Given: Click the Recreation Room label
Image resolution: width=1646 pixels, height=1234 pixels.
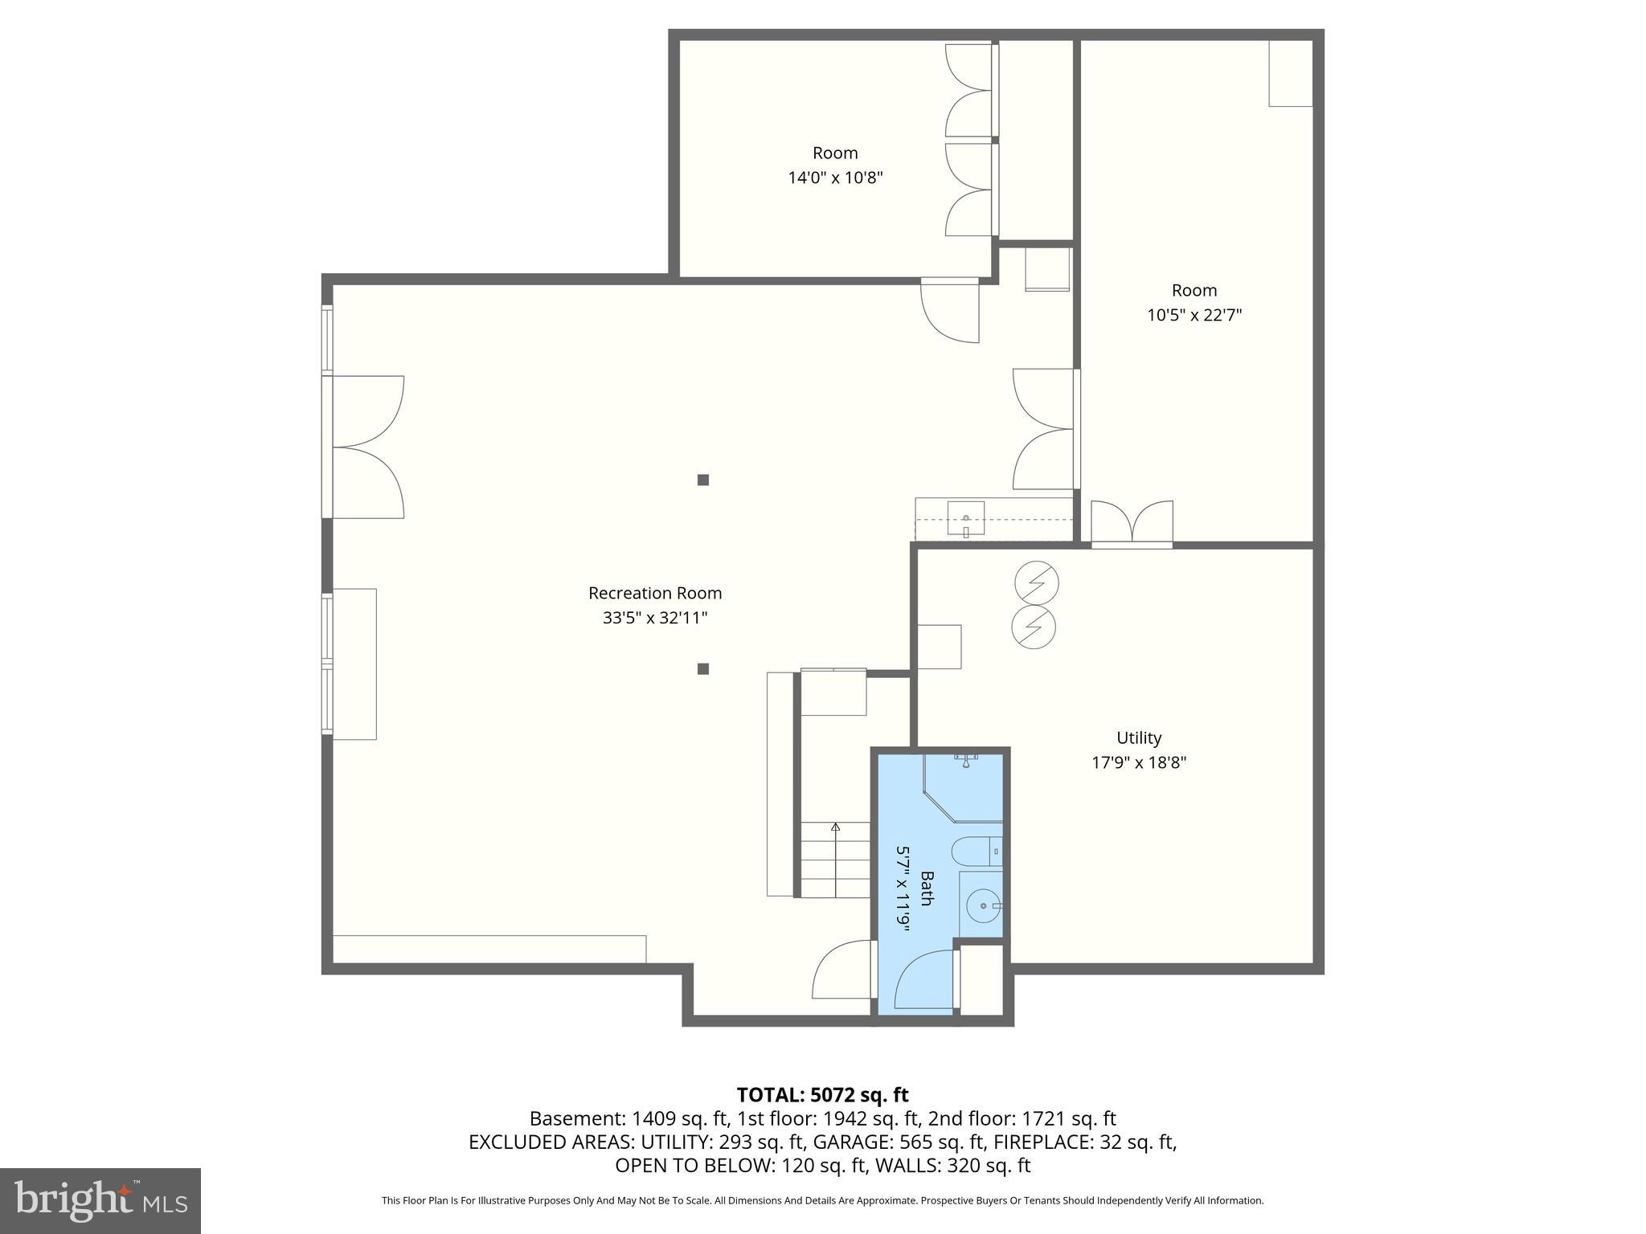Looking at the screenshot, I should coord(655,593).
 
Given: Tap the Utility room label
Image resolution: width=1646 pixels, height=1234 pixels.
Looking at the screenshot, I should coord(1138,738).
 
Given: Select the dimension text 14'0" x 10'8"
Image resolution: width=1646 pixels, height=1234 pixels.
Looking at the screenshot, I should coord(835,178).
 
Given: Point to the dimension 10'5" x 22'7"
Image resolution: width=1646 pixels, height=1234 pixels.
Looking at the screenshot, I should coord(1194,315).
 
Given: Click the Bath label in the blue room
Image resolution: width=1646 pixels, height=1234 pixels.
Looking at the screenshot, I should coord(927,888).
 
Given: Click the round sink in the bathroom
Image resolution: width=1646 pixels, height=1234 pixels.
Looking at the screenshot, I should coord(981,905).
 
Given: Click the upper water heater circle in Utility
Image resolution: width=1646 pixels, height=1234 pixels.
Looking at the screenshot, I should coord(1035,582).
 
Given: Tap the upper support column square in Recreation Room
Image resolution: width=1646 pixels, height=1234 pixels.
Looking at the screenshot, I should coord(703,480).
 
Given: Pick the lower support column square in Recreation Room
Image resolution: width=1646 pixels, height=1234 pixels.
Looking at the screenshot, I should coord(703,668).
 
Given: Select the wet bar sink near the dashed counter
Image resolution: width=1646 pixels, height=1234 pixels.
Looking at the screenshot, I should coord(966,519).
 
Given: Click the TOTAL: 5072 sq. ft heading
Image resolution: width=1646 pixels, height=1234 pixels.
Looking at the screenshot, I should coord(822,1095).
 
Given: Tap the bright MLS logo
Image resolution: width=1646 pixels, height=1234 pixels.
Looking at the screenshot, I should coord(100,1200).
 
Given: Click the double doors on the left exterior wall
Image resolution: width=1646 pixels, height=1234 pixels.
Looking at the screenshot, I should coord(366,447).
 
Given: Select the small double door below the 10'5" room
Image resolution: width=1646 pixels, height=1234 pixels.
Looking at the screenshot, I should coord(1132,522).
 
